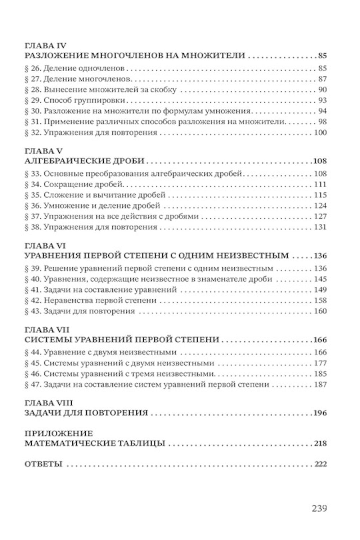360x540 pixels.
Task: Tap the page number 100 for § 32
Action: click(x=320, y=133)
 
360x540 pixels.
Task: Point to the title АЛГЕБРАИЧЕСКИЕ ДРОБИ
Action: click(x=85, y=161)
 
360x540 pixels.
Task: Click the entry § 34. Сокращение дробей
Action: click(x=75, y=184)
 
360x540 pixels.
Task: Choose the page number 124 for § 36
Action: click(x=320, y=206)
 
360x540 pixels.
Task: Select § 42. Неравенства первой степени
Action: click(x=90, y=300)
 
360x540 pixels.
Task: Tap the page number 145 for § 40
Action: click(x=320, y=279)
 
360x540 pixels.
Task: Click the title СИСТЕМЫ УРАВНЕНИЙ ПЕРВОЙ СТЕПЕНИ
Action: click(x=122, y=340)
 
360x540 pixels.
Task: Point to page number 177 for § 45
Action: click(x=320, y=363)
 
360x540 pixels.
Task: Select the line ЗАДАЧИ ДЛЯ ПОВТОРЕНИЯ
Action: click(x=86, y=413)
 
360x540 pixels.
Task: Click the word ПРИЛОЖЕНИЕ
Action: click(x=59, y=433)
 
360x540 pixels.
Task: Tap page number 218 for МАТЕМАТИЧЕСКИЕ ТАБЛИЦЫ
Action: click(x=320, y=443)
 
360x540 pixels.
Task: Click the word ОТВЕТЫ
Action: click(x=44, y=464)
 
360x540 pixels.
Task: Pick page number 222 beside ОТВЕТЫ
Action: click(x=320, y=464)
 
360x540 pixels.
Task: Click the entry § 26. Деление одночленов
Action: click(x=75, y=68)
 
